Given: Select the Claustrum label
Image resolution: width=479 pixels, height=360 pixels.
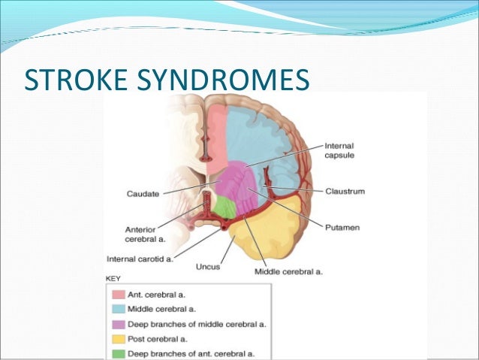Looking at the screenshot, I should coord(345,191).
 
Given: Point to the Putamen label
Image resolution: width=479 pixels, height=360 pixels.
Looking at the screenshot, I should coord(342,223).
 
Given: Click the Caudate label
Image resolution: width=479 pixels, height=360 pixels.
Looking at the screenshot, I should coord(142,194).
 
